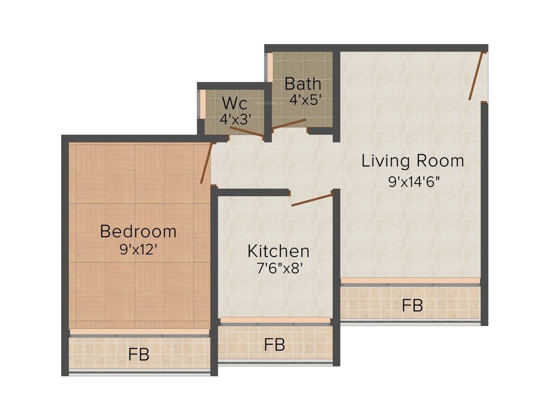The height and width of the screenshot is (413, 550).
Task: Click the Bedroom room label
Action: click(138, 231)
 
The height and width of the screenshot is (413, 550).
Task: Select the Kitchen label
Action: click(278, 251)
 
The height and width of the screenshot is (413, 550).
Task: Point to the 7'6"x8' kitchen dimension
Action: click(278, 268)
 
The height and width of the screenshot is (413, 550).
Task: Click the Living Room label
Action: click(412, 161)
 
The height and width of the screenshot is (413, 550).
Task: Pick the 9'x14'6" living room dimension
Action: click(414, 181)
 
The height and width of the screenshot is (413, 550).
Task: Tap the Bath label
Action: click(303, 84)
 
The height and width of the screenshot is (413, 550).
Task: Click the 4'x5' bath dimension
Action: click(305, 100)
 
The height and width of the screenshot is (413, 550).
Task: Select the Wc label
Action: click(234, 102)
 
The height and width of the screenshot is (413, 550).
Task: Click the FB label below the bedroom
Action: click(139, 355)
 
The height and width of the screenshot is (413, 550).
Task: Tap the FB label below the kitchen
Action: click(274, 344)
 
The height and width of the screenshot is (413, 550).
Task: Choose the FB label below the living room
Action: click(412, 306)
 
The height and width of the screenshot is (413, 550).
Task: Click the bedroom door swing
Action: click(207, 163)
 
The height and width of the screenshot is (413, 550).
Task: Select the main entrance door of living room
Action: click(477, 76)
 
